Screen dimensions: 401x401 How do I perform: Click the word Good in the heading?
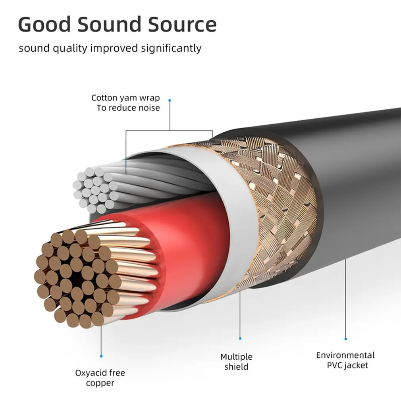click(x=44, y=24)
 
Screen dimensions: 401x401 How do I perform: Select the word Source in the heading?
click(x=183, y=24)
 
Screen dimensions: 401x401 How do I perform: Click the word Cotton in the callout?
click(x=104, y=98)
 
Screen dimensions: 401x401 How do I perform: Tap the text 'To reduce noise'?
click(x=128, y=108)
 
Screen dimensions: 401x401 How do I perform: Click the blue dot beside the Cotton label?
click(x=170, y=100)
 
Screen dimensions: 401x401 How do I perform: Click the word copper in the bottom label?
click(x=100, y=383)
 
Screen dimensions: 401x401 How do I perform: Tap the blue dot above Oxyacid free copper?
click(x=101, y=356)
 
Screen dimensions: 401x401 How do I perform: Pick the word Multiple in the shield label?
click(x=236, y=357)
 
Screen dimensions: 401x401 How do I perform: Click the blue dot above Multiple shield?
click(x=240, y=339)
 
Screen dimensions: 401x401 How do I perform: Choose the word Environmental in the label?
click(x=345, y=355)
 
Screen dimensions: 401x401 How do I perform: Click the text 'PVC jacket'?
click(x=347, y=365)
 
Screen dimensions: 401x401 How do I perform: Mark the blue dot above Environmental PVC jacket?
click(x=345, y=339)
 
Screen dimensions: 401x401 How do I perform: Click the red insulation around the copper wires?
click(x=187, y=242)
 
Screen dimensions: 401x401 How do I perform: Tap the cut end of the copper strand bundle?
click(x=75, y=278)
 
